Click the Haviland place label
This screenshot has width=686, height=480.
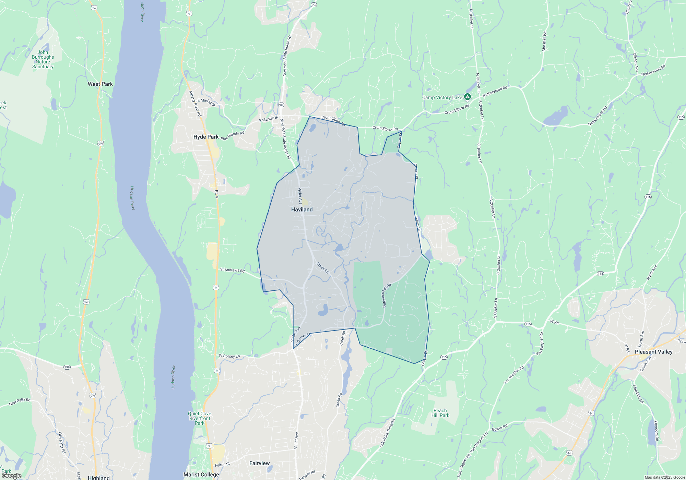pos(302,209)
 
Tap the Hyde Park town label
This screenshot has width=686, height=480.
pos(206,137)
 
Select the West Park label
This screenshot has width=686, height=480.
pos(100,84)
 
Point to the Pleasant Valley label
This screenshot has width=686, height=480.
pos(653,352)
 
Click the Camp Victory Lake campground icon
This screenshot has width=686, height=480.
pos(467,97)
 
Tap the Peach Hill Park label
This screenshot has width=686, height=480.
pos(440,413)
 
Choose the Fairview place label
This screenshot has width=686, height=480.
pos(259,463)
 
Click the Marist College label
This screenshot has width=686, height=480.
pos(201,475)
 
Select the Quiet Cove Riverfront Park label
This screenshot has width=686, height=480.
pos(200,418)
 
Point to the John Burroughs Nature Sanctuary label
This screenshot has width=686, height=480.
pos(43,60)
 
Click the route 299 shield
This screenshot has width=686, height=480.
pos(67,367)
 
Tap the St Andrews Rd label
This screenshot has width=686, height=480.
pos(232,270)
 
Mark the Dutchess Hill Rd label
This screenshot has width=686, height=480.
pos(386,295)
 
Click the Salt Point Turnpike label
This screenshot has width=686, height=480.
pos(387,433)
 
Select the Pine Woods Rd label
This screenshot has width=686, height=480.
pos(233,136)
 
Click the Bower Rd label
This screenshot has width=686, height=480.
pos(499,428)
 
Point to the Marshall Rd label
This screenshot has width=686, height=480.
pos(544,41)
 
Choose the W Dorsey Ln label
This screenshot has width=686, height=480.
pos(229,356)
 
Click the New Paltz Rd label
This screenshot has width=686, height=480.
pos(20,402)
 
